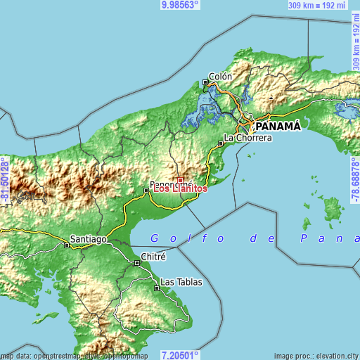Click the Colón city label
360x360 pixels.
coord(221,77)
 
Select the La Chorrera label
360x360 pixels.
coord(247,139)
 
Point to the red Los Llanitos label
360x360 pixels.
coord(181,188)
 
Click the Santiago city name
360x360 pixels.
coord(89,239)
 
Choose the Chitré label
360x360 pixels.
coord(153,257)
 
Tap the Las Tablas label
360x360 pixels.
coord(181,282)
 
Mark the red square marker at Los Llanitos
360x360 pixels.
coord(180,180)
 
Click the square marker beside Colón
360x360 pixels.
coord(206,82)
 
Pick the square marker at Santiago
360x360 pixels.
coord(67,245)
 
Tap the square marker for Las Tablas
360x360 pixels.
coord(157,288)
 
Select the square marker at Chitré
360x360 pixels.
coord(137,263)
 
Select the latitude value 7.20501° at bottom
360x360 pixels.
coord(180,355)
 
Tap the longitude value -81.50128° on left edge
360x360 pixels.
coord(5,180)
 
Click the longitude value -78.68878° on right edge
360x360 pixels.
coord(355,180)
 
